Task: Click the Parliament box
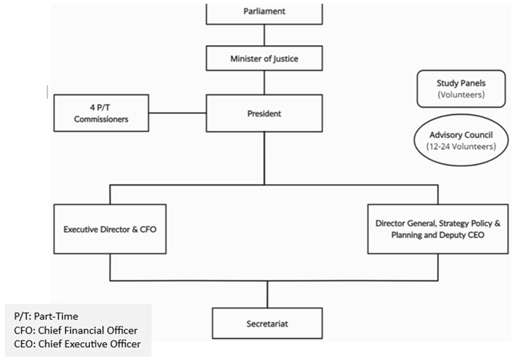(x=264, y=12)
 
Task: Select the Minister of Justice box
(x=264, y=57)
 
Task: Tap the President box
(x=264, y=113)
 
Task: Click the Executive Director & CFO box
(x=111, y=229)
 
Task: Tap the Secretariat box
(x=267, y=320)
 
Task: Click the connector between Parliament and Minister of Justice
(x=264, y=35)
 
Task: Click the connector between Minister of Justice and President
(x=264, y=82)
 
